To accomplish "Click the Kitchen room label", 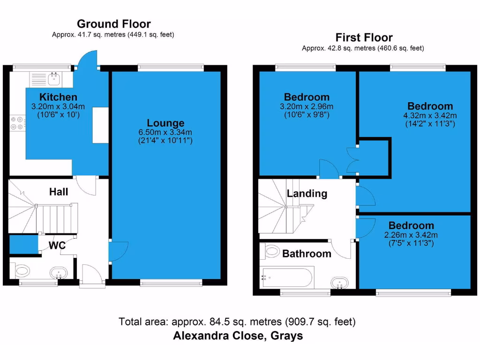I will click(x=58, y=97).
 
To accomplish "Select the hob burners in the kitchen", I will click(x=17, y=123).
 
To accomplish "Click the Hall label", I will click(x=59, y=192).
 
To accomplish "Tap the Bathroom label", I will click(x=307, y=254).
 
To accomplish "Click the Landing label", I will click(x=307, y=194).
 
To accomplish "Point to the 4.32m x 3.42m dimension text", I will click(x=430, y=115).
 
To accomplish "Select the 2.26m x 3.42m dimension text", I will click(x=411, y=235).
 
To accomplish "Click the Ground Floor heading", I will click(x=113, y=24).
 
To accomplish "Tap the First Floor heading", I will click(x=364, y=37).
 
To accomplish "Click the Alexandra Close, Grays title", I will click(x=238, y=336).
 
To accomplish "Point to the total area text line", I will click(x=237, y=322).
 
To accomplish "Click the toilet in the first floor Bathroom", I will click(x=271, y=252).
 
